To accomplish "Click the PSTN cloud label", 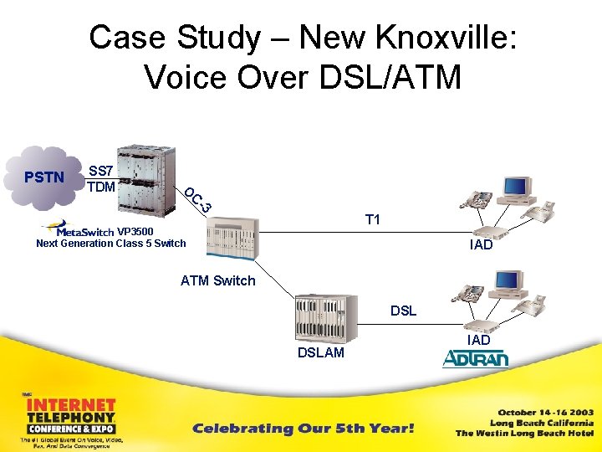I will pos(43,177).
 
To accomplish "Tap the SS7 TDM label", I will pos(101,178).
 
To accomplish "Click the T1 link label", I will pos(373,219).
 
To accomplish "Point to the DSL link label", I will pos(403,311).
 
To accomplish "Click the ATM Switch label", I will pos(217,280).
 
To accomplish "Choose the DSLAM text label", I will pos(321,353).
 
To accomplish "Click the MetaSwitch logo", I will pos(80,229).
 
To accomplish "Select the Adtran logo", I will pos(475,359).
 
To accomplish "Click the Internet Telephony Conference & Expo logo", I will pos(70,419).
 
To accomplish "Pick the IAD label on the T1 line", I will pos(481,245).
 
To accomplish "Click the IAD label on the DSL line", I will pos(478,340).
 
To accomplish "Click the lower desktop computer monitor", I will pos(509,283).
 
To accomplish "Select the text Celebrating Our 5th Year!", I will pos(303,429).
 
